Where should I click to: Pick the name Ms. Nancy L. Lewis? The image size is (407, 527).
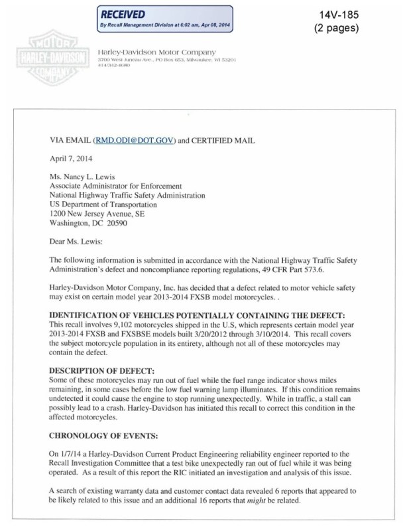[86, 179]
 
